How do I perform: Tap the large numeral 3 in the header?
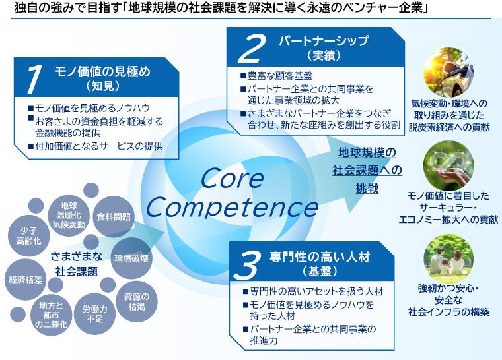pyautogui.click(x=249, y=264)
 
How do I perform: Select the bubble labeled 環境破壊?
pyautogui.click(x=131, y=258)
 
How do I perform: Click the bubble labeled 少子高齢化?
pyautogui.click(x=28, y=236)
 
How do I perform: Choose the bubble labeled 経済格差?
pyautogui.click(x=25, y=280)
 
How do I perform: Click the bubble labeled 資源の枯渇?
pyautogui.click(x=136, y=301)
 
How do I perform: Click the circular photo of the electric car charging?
pyautogui.click(x=452, y=69)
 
